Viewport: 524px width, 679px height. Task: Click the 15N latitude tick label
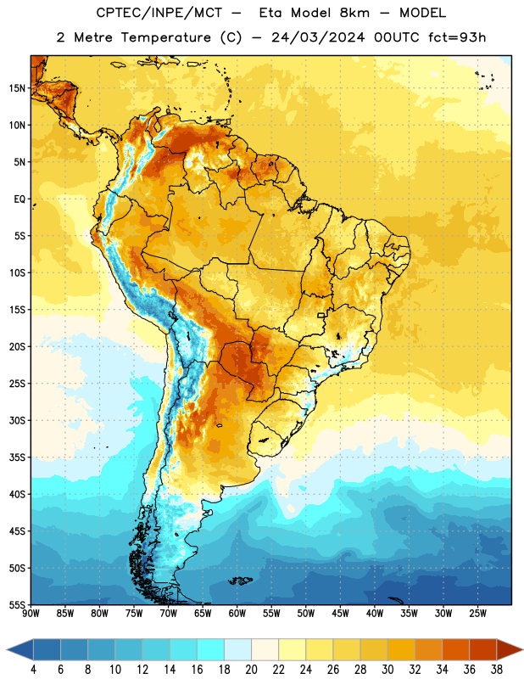pyautogui.click(x=17, y=88)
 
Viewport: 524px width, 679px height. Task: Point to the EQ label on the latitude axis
pyautogui.click(x=20, y=199)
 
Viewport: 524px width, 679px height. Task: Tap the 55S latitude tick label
pyautogui.click(x=17, y=604)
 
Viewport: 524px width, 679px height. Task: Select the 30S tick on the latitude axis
pyautogui.click(x=17, y=420)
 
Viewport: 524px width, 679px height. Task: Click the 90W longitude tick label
pyautogui.click(x=31, y=613)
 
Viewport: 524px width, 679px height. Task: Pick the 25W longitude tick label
pyautogui.click(x=477, y=613)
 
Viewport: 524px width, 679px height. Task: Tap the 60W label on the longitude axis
pyautogui.click(x=237, y=613)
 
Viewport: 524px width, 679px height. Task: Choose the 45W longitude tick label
pyautogui.click(x=340, y=613)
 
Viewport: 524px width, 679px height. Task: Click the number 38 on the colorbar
pyautogui.click(x=497, y=670)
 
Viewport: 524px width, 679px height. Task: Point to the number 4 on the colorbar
pyautogui.click(x=33, y=670)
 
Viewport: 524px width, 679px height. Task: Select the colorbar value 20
pyautogui.click(x=251, y=670)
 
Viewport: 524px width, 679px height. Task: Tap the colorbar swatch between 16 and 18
pyautogui.click(x=211, y=650)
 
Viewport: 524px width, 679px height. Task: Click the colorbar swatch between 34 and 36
pyautogui.click(x=455, y=650)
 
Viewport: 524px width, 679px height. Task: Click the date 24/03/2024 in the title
pyautogui.click(x=318, y=37)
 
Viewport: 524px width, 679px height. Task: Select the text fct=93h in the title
pyautogui.click(x=457, y=37)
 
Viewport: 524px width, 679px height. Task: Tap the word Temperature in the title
pyautogui.click(x=165, y=38)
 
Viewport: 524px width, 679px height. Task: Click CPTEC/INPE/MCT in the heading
pyautogui.click(x=159, y=13)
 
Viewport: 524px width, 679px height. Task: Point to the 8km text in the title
pyautogui.click(x=354, y=13)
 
